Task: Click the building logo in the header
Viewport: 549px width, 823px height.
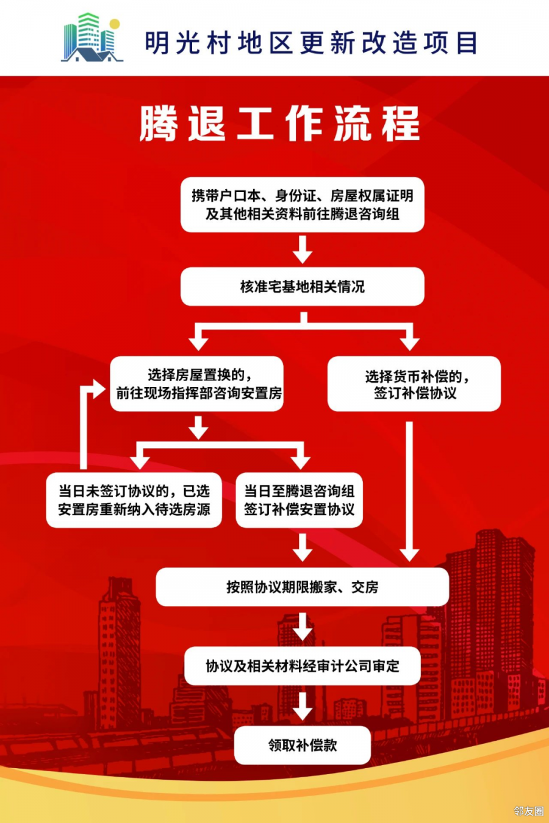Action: [x=92, y=38]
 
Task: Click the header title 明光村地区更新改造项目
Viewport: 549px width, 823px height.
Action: [x=311, y=43]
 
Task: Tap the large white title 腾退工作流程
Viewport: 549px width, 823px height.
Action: [x=280, y=124]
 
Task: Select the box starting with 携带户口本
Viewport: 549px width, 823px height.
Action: [x=302, y=205]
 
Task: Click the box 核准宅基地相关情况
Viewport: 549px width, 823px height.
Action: [x=302, y=287]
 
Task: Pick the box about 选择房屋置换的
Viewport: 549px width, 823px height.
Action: [x=196, y=384]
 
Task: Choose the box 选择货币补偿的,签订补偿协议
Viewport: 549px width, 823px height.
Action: [x=414, y=384]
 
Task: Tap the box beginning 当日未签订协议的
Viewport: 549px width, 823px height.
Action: [x=134, y=500]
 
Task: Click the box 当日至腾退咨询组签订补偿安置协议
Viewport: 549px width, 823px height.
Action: [x=299, y=500]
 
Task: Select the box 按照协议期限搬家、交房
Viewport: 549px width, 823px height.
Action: [x=302, y=587]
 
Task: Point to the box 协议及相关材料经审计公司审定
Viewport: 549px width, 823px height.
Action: [x=302, y=666]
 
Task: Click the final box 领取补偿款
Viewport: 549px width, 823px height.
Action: [x=302, y=745]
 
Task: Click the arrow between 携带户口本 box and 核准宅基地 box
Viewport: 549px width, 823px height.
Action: [x=302, y=249]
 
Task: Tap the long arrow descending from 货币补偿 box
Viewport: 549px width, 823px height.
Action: [x=409, y=488]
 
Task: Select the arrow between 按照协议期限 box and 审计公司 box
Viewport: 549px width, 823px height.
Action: [x=302, y=627]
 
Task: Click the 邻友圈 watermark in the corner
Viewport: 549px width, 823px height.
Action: [x=528, y=811]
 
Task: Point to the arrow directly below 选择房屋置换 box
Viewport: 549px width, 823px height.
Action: [x=198, y=427]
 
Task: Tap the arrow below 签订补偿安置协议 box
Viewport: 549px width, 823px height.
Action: [x=302, y=547]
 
